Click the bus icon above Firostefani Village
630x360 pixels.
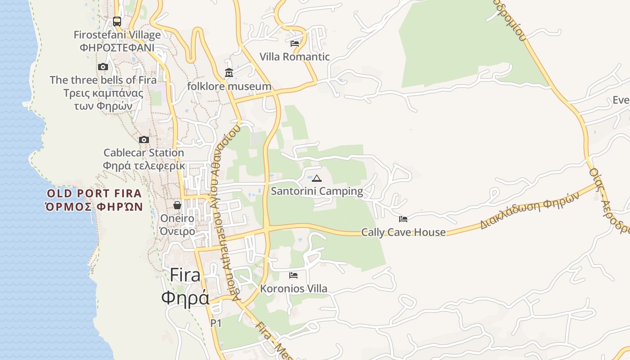[117, 21]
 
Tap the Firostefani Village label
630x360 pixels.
[117, 35]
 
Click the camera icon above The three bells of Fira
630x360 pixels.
[103, 67]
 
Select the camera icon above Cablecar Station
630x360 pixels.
[144, 139]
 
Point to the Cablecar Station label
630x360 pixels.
[144, 153]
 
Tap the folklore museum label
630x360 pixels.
[229, 86]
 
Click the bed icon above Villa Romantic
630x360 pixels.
[295, 44]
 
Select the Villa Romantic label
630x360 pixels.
[295, 57]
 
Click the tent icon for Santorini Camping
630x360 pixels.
[317, 178]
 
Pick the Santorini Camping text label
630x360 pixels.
[317, 191]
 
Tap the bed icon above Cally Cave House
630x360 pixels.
[403, 219]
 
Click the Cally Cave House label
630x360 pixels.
[403, 232]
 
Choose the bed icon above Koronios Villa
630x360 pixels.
[293, 275]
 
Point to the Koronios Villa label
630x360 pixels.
[293, 288]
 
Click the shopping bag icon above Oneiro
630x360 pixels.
[177, 205]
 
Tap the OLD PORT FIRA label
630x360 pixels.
[94, 194]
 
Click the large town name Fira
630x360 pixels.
[185, 275]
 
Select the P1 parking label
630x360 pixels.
[216, 323]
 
